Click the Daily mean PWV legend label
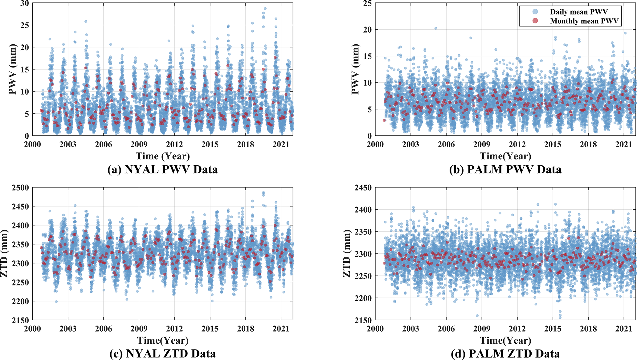[x=579, y=12]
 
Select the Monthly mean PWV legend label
[x=584, y=21]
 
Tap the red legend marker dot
[x=535, y=21]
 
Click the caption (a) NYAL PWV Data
[x=162, y=170]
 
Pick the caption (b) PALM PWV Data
[x=505, y=170]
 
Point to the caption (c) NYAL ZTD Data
[x=162, y=354]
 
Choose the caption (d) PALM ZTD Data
[x=505, y=354]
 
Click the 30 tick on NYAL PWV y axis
[x=25, y=3]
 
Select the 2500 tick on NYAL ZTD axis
[x=20, y=188]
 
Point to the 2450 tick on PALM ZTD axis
[x=363, y=188]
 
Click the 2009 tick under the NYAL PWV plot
[x=139, y=145]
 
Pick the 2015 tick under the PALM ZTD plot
[x=553, y=329]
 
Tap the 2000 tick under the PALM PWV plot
[x=375, y=145]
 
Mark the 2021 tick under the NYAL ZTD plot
[x=281, y=329]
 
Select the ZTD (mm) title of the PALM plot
[x=347, y=254]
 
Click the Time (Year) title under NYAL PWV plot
[x=163, y=156]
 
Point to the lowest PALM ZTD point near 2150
[x=560, y=317]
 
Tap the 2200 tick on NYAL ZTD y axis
[x=20, y=301]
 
